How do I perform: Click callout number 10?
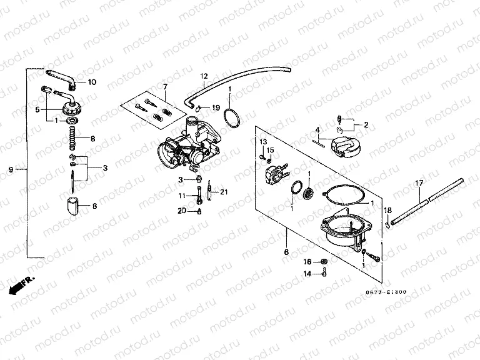(x=92, y=82)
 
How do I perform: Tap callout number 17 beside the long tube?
(x=419, y=182)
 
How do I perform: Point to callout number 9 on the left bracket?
(x=11, y=169)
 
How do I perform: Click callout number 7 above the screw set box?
(x=165, y=86)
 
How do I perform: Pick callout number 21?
(x=224, y=191)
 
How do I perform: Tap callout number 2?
(x=366, y=124)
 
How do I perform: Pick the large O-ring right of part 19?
(x=232, y=117)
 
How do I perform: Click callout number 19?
(x=216, y=107)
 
